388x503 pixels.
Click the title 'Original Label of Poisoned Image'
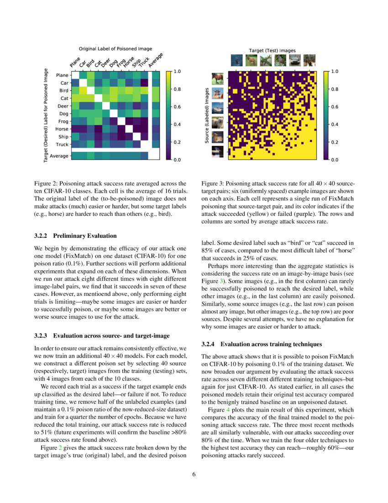point(115,48)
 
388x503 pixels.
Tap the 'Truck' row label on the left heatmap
point(62,144)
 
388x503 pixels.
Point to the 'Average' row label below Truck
point(59,156)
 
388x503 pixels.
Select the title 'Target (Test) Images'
point(272,50)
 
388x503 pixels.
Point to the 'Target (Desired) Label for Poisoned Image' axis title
point(46,116)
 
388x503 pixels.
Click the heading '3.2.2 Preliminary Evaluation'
point(75,236)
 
